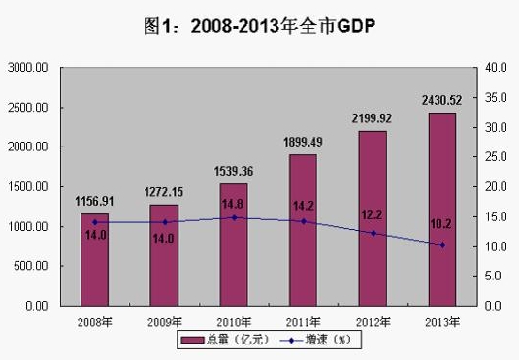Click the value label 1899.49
pos(303,144)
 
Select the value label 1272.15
pos(164,193)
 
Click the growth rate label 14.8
pos(234,205)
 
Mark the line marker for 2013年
pos(442,245)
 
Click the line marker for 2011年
pos(304,221)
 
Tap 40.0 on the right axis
pos(496,68)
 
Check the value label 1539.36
pos(234,170)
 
